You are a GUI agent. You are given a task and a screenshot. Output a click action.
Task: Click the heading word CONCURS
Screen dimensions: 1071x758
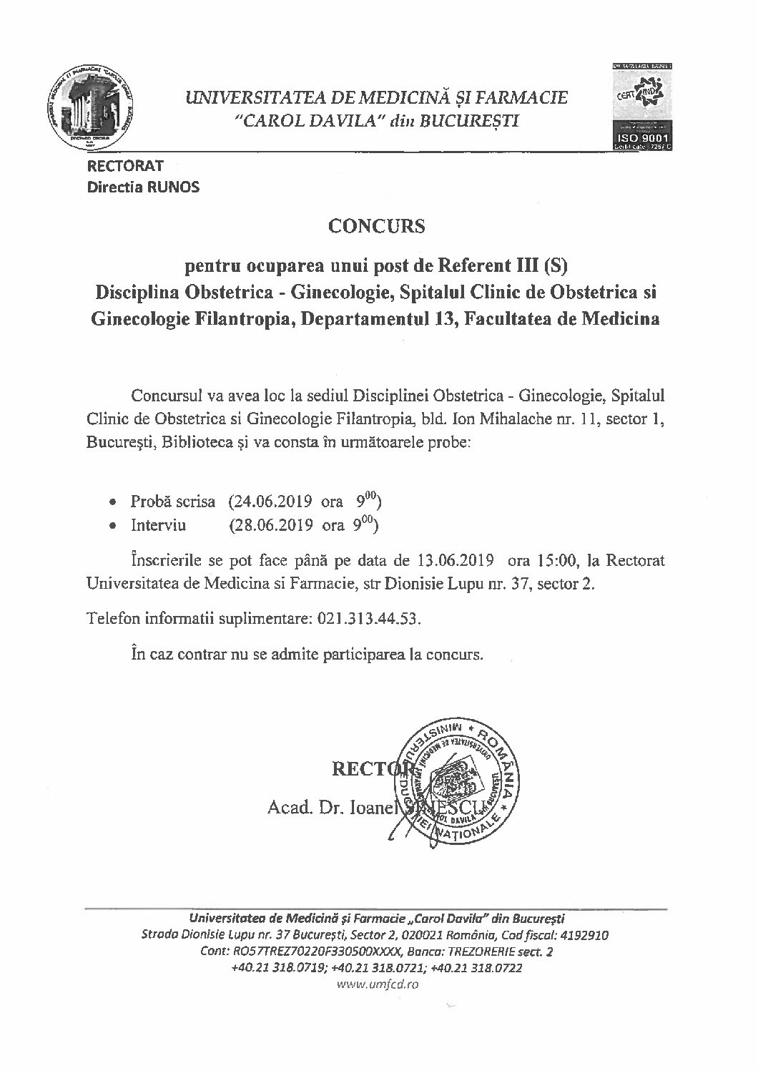[377, 226]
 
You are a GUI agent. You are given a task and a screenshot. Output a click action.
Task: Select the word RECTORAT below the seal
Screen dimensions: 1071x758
[125, 166]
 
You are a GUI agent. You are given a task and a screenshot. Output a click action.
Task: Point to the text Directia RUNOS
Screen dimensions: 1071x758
[143, 187]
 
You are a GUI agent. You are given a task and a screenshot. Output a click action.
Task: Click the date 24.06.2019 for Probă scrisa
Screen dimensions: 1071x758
[270, 501]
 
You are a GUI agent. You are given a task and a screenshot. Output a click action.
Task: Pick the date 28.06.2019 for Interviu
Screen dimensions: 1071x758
[270, 525]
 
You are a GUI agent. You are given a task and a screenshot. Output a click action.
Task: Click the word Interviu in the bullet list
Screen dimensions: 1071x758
[158, 525]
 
